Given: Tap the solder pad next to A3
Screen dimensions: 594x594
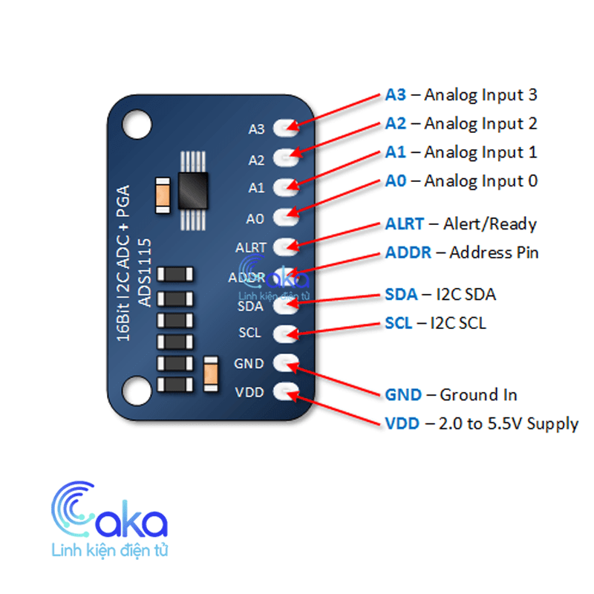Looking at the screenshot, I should tap(285, 128).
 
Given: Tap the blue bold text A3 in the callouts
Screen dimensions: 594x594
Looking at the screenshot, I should tap(396, 95).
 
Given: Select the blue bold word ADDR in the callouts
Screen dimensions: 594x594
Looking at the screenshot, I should tap(408, 252).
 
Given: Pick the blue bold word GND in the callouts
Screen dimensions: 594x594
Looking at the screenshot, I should tap(403, 394).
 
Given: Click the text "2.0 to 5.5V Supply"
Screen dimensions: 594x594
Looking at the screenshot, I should tap(509, 424).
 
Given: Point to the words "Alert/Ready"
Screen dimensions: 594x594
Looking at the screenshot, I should tap(490, 224).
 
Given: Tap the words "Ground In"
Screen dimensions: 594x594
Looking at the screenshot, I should tap(479, 394).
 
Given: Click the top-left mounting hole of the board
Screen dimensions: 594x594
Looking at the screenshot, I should tap(137, 119).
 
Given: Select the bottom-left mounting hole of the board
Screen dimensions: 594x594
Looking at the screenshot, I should tap(137, 388).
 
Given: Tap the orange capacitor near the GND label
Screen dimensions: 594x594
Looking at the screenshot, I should tap(210, 371).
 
